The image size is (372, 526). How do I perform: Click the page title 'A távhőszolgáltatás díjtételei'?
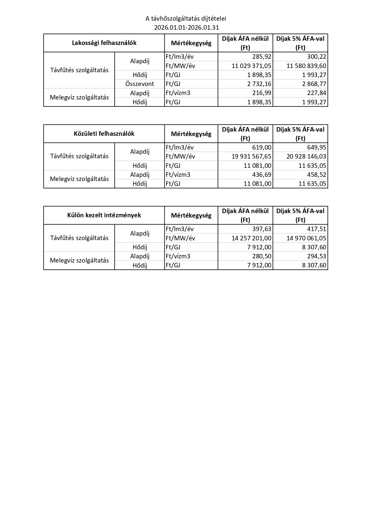(186, 19)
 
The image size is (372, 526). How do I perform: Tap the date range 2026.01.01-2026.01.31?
(186, 28)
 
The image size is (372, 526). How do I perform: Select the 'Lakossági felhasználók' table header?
(104, 43)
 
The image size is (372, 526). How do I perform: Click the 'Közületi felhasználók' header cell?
(104, 134)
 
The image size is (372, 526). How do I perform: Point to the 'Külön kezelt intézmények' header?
(104, 215)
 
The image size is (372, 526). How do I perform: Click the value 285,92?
(262, 57)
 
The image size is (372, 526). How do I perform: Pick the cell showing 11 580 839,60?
(306, 66)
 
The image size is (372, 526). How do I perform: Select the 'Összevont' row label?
(139, 84)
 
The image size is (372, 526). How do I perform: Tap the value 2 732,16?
(259, 84)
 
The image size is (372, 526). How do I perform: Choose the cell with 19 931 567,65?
(251, 156)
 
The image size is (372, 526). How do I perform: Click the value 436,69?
(262, 174)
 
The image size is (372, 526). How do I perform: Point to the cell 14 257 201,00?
(251, 238)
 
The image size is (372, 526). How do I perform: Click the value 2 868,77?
(314, 84)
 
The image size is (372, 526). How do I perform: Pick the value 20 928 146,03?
(306, 156)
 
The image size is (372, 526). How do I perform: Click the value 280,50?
(262, 256)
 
